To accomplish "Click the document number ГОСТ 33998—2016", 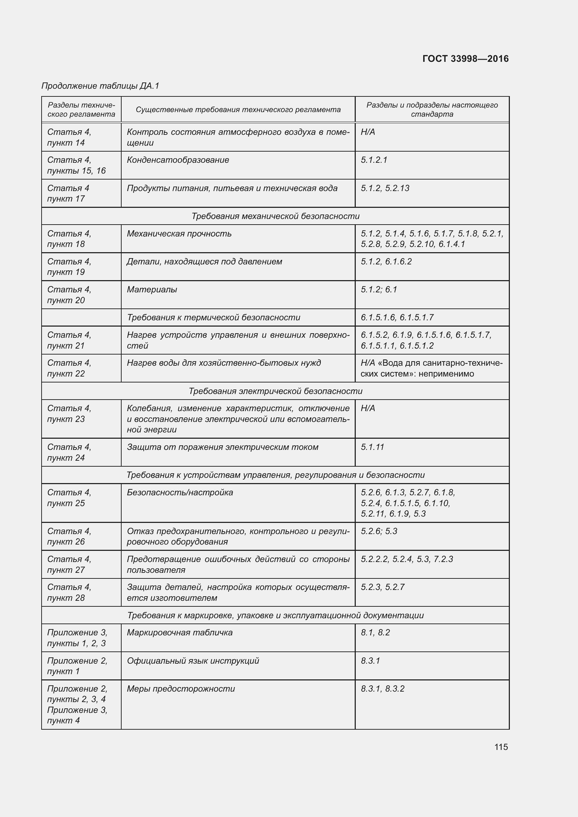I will pos(465,59).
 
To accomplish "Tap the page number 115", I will pos(501,746).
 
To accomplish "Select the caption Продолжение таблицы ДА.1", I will pos(100,86).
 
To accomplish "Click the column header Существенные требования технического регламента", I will pos(238,110).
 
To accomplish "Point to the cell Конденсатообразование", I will pos(178,160).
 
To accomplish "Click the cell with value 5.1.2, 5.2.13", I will pos(385,188).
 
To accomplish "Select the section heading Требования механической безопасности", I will pos(275,216).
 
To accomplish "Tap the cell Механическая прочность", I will pos(179,234).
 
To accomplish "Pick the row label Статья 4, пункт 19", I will pos(70,267).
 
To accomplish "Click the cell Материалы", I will pos(152,290).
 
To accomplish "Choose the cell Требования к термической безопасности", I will pos(214,318).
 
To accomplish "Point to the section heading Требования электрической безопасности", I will pos(275,391).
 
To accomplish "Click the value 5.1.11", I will pos(373,447).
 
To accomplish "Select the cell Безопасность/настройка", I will pos(180,493).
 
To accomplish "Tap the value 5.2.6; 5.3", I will pos(379,531).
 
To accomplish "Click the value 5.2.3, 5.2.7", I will pos(383,587).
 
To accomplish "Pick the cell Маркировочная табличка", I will pos(180,632).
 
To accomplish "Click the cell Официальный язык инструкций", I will pos(193,661).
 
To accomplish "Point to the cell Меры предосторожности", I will pos(181,688).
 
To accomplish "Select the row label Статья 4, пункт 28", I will pos(70,592).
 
